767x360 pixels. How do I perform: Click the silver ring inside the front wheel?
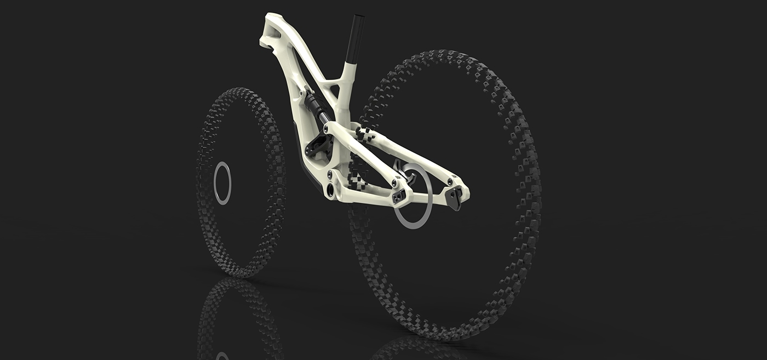222,184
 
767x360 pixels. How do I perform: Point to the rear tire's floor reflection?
416,348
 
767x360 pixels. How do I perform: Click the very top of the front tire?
241,89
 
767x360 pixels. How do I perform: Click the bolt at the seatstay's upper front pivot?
327,129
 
